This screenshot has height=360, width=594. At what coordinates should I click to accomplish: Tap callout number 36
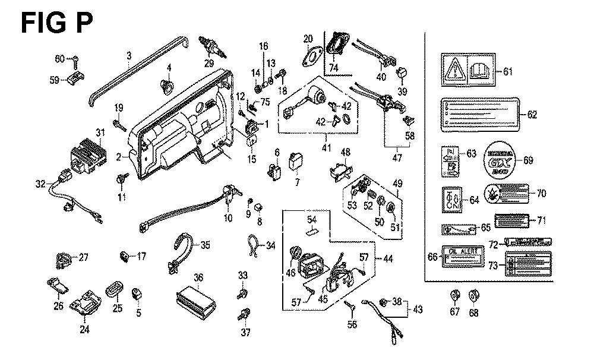coord(198,277)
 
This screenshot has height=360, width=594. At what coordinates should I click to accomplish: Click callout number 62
coord(532,114)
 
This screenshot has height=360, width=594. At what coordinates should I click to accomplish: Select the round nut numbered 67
coord(455,294)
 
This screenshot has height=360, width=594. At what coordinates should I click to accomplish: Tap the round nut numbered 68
coord(474,295)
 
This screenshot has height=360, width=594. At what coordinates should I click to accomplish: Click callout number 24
coord(84,329)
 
